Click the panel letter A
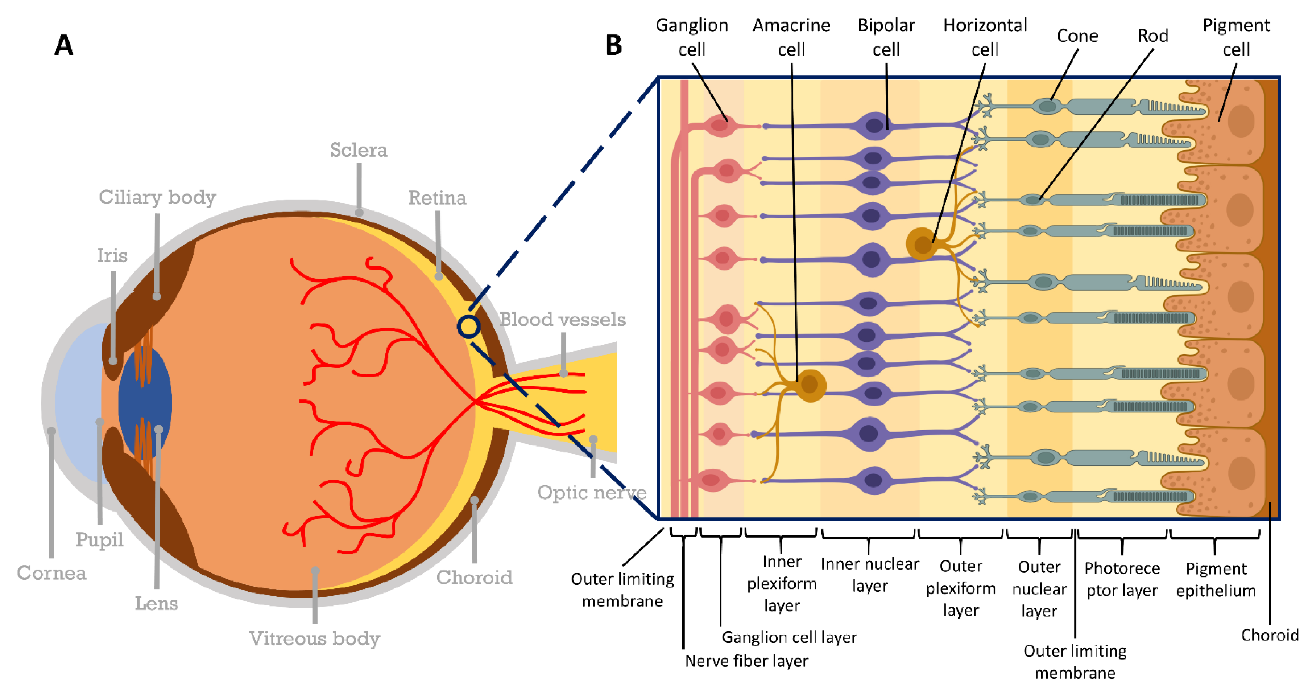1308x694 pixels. [64, 45]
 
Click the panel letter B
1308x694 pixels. [613, 45]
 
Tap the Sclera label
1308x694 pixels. [359, 150]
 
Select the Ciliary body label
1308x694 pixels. [157, 197]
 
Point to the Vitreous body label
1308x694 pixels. [314, 638]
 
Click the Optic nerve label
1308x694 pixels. [592, 492]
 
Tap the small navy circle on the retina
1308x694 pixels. [468, 327]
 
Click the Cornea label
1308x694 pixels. [51, 573]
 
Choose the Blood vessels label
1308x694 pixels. [563, 320]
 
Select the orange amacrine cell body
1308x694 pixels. [810, 385]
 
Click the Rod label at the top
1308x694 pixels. [1152, 36]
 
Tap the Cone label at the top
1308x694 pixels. [1077, 36]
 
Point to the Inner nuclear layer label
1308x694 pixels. [869, 575]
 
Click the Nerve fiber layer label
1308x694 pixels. [746, 661]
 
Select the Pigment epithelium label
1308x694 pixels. [1216, 580]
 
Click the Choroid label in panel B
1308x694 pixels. [1270, 635]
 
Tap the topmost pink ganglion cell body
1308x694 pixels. [720, 125]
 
